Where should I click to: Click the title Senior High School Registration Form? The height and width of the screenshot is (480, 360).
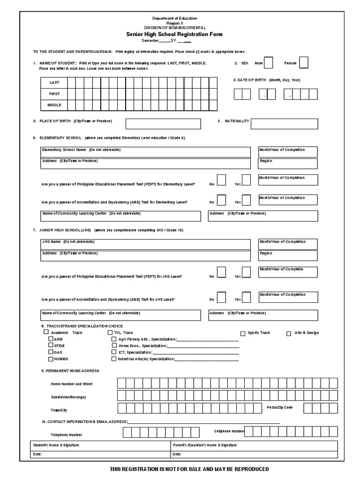[174, 34]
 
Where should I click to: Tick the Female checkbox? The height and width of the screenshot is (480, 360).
[303, 62]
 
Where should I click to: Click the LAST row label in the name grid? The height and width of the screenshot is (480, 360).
[54, 82]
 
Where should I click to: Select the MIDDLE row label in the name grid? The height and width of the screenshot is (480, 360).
[54, 105]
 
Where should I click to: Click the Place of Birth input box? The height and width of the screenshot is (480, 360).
[163, 124]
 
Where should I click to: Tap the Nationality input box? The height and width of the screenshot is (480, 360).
[284, 124]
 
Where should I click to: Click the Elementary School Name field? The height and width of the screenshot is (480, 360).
[145, 151]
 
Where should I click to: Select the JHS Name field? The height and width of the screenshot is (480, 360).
[145, 244]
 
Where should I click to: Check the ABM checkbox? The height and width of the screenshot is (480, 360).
[51, 339]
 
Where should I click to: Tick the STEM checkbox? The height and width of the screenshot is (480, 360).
[51, 345]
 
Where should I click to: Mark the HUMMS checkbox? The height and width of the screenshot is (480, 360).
[51, 359]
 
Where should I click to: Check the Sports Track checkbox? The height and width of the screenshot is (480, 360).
[243, 333]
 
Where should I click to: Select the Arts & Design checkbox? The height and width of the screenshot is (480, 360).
[289, 333]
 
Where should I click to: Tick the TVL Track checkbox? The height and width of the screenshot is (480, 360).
[110, 333]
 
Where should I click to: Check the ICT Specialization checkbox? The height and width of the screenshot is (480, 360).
[114, 352]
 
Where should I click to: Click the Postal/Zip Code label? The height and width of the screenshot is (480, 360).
[280, 407]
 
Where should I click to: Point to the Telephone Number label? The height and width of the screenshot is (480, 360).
[67, 435]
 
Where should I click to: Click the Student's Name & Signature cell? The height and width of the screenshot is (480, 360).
[99, 445]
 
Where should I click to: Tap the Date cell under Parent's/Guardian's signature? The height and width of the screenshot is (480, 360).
[254, 454]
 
